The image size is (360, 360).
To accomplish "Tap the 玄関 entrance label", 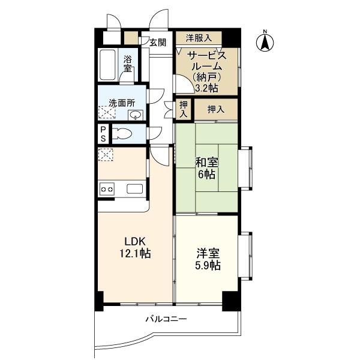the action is click(158, 43).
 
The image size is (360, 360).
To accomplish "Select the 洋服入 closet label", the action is click(199, 38).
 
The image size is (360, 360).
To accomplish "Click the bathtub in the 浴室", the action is click(107, 64).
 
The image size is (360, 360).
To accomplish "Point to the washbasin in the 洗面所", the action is click(136, 115).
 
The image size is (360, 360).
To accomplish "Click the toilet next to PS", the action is click(122, 134).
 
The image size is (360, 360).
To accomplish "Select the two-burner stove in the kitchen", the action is click(107, 189).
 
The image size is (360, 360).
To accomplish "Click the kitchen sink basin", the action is click(135, 189).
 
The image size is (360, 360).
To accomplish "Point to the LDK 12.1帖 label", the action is click(135, 247).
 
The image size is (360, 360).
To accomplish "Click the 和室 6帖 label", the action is click(206, 169).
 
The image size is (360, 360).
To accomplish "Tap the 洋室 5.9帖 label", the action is click(208, 259).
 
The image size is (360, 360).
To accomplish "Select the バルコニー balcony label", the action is click(166, 319).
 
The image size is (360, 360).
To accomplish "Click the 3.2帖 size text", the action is click(206, 88).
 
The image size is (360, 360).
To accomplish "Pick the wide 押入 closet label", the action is click(216, 109).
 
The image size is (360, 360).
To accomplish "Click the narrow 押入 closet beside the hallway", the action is click(184, 109).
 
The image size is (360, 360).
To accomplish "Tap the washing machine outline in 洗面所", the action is click(107, 113).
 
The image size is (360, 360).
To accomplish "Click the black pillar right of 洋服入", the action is click(231, 38).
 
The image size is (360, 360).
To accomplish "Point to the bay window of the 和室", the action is click(245, 168).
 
